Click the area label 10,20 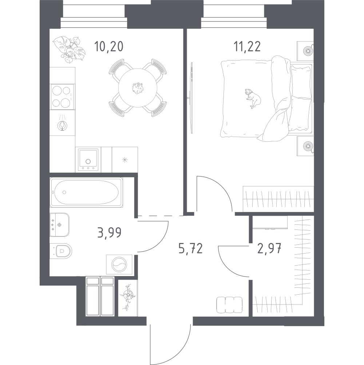click(108, 47)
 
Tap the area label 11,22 click(247, 47)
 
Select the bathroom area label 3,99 click(109, 232)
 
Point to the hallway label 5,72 click(191, 248)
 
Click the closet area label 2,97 click(270, 248)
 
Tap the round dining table click(138, 88)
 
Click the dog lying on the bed click(253, 98)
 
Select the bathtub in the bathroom click(86, 192)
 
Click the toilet click(61, 251)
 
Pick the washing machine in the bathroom click(119, 264)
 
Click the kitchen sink click(88, 160)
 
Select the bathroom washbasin click(60, 225)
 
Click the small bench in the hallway click(229, 305)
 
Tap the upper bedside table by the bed click(305, 51)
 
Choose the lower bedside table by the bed click(305, 146)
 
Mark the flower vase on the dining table click(138, 88)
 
